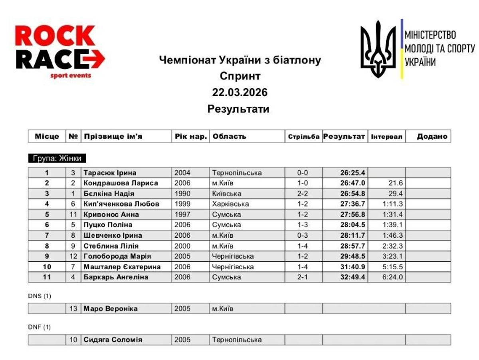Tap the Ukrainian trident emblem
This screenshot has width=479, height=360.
[378, 49]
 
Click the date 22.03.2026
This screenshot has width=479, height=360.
[239, 92]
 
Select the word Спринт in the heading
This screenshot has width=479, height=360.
[239, 76]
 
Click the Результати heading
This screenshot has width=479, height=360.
[239, 109]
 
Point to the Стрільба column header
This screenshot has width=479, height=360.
[304, 137]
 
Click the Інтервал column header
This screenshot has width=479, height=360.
[386, 137]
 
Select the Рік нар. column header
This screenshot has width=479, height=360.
[190, 136]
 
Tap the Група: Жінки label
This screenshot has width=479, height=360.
[57, 159]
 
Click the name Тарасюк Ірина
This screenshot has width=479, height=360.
[110, 173]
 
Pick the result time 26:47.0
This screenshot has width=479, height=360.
[352, 183]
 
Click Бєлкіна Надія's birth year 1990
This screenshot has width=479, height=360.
[182, 194]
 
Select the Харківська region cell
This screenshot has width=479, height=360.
[231, 204]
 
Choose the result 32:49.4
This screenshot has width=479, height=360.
[352, 277]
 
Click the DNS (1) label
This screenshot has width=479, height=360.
[40, 296]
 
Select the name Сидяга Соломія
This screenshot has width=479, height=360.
[113, 340]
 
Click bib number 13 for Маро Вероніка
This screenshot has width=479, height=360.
[73, 309]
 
